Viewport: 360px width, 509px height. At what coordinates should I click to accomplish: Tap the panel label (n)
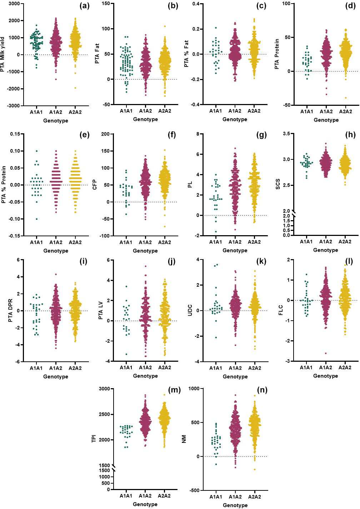[x=262, y=390]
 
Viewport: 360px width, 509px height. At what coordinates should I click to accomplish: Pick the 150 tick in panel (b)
[x=106, y=4]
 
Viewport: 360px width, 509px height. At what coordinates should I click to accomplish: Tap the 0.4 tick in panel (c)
[x=196, y=4]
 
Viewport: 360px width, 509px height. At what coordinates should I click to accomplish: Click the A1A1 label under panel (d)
[x=306, y=112]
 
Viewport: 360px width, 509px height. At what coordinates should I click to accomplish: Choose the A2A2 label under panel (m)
[x=164, y=496]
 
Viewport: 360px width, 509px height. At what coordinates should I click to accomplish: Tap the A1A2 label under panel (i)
[x=56, y=368]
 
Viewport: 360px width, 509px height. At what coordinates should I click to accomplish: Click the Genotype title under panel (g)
[x=235, y=250]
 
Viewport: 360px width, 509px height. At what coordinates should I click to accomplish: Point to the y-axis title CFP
[x=95, y=185]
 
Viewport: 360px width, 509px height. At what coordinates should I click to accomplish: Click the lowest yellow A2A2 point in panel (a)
[x=75, y=88]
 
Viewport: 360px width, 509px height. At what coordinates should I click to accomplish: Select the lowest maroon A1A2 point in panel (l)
[x=326, y=353]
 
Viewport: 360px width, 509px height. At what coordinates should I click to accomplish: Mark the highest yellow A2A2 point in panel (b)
[x=165, y=26]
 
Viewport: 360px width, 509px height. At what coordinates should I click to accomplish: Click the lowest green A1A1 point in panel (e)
[x=36, y=219]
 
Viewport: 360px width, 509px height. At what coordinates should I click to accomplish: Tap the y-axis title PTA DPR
[x=10, y=310]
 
